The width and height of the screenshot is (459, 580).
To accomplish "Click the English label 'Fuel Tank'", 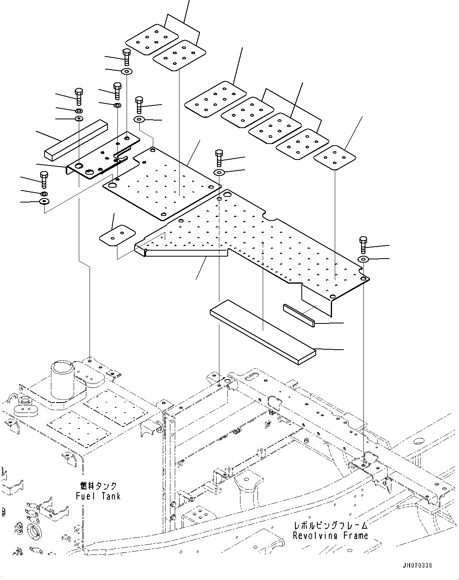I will pos(98,496).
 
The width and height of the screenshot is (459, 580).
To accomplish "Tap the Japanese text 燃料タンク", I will pos(98,486).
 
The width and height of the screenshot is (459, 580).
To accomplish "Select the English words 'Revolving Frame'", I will pos(330,535).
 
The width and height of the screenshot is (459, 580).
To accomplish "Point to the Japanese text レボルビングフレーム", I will pos(330,526).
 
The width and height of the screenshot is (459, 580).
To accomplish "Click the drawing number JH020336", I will pos(417,565).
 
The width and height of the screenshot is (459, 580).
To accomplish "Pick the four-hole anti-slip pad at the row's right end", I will pos(335,157).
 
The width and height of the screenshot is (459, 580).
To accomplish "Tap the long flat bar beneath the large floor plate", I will pos(263,331).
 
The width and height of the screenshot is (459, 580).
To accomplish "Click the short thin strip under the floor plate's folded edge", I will pos(299,315).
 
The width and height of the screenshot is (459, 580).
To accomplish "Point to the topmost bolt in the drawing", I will pos(126,57).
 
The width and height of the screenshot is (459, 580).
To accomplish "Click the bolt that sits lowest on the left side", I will pos(44,179).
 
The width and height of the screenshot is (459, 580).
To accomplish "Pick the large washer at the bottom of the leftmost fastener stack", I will pos(44,201).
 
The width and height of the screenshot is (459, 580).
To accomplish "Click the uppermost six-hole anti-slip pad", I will pos(152,39).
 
